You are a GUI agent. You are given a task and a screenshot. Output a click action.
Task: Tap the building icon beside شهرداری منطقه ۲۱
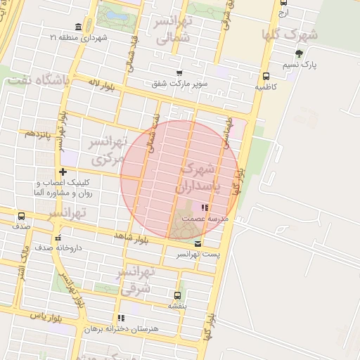(76, 27)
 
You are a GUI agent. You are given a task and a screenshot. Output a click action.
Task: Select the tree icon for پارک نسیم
(300, 53)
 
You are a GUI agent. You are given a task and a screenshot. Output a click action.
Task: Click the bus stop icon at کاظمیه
(266, 76)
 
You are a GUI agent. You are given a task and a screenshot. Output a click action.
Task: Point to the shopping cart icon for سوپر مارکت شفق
(180, 72)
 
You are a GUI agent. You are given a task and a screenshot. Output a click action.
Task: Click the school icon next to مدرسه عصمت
(205, 207)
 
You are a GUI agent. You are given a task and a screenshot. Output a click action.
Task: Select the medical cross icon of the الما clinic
(63, 172)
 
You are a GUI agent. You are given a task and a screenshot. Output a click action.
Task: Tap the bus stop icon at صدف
(21, 216)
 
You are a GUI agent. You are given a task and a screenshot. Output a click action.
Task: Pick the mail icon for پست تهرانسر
(196, 243)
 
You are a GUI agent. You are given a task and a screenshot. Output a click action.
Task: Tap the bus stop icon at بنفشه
(176, 295)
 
